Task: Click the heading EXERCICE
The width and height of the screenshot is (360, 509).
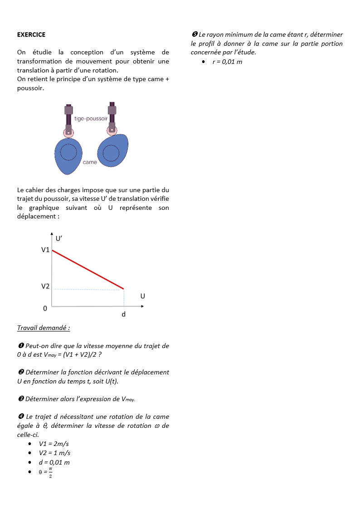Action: [31, 34]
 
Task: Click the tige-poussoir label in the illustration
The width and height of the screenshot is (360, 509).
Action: [91, 119]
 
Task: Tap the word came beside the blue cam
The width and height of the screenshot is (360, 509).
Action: [90, 162]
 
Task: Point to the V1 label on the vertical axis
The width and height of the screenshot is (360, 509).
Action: [45, 250]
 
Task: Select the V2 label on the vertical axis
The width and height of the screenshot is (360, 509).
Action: [45, 286]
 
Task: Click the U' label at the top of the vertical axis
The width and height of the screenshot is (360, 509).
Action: [59, 238]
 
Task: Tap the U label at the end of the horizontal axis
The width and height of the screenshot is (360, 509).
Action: [143, 296]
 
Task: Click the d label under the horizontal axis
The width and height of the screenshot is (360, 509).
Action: [124, 315]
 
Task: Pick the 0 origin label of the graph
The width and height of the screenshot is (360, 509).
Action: [45, 309]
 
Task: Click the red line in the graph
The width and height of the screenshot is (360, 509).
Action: [88, 269]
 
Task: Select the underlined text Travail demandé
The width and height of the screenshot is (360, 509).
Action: [44, 328]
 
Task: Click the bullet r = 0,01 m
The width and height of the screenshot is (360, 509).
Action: [227, 62]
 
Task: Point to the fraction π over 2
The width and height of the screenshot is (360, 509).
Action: [50, 473]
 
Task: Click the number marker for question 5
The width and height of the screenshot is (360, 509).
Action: [195, 35]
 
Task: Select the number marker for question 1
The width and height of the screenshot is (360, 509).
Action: [20, 346]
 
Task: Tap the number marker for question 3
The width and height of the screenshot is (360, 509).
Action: [20, 399]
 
